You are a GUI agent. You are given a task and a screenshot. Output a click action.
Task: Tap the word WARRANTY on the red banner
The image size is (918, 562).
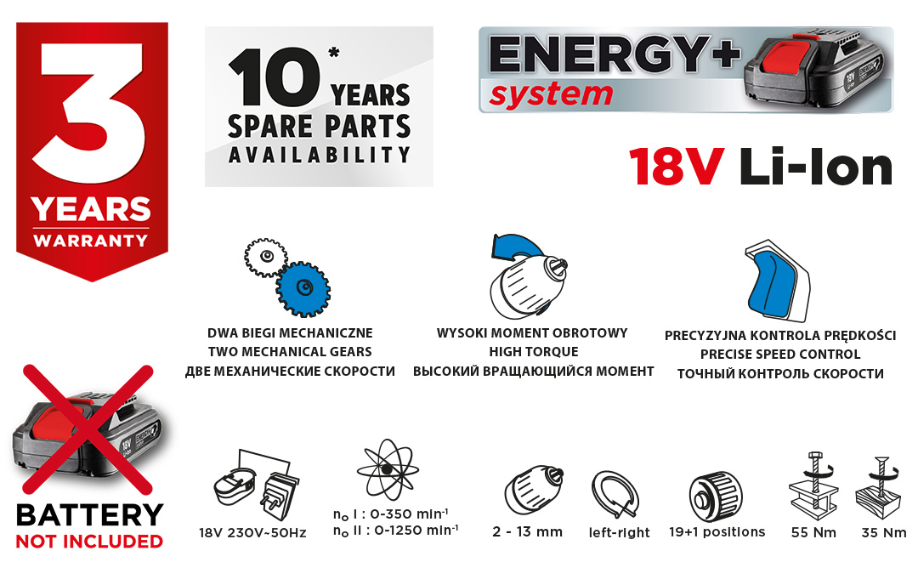coord(91,241)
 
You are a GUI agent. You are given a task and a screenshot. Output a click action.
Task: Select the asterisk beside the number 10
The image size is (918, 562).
coord(334,53)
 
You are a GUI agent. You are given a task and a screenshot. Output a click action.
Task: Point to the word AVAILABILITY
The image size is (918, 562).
coord(319,155)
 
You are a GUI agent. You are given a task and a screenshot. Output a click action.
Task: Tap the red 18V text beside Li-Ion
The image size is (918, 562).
coord(677,167)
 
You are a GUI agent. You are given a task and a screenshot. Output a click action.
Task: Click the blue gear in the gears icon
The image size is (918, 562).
coord(303,288)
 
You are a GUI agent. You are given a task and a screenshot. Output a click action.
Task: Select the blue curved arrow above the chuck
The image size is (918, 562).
coord(516,247)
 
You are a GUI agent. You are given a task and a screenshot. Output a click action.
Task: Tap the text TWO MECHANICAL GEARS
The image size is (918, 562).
coord(290,352)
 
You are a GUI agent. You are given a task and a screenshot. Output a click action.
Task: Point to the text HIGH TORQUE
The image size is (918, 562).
coord(533,352)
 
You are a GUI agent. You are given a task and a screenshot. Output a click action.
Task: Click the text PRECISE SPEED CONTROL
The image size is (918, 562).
coord(779,355)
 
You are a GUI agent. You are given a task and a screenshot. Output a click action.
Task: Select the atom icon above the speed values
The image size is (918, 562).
coord(388,469)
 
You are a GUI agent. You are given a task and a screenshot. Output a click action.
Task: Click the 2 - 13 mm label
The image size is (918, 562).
coord(527,531)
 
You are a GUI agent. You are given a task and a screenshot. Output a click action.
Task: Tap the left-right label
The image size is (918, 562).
coord(619,532)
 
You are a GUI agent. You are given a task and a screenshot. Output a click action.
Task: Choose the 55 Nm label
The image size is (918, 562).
coord(813,532)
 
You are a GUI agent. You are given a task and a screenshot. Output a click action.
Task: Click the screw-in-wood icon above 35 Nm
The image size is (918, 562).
coord(878,488)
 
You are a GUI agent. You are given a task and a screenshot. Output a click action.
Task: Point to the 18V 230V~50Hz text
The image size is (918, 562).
coord(252,533)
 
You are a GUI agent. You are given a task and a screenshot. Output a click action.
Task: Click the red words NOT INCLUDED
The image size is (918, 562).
coord(89,542)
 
